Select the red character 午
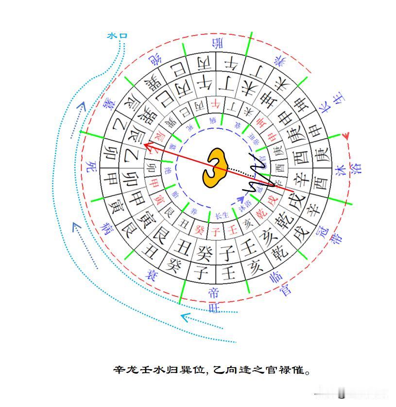tap(215, 103)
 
